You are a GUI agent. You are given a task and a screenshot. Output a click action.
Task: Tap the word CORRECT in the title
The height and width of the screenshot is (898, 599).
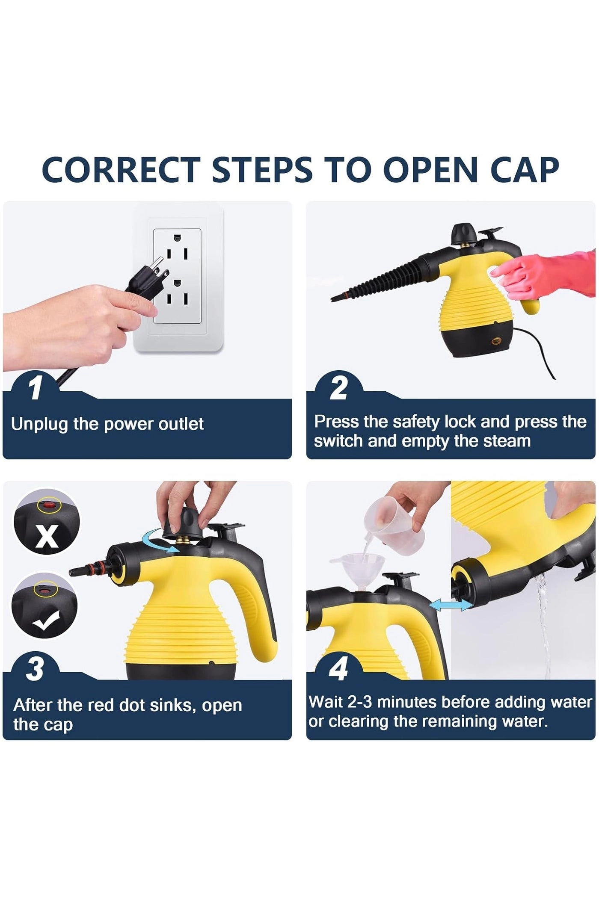(121, 170)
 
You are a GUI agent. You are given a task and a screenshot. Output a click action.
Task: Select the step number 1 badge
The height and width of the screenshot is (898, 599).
(35, 388)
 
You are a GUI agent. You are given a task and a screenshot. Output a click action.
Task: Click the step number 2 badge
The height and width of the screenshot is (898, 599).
(338, 388)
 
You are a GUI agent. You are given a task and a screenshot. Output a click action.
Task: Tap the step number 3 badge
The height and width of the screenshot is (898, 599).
(35, 669)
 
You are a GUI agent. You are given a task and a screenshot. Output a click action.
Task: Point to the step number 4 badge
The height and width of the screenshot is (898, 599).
(338, 669)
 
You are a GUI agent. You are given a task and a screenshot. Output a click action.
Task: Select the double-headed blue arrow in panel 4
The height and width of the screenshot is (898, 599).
(451, 605)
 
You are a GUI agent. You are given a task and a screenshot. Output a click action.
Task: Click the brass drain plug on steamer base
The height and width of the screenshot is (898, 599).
(497, 342)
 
